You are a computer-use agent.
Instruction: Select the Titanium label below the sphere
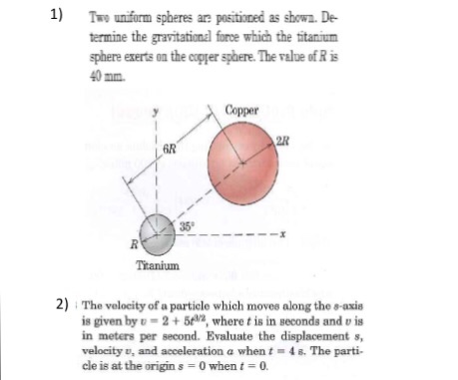[156, 266]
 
